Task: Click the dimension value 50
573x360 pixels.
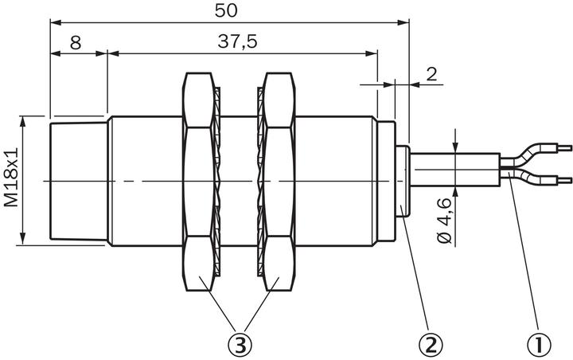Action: [226, 10]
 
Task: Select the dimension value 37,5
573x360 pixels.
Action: [237, 41]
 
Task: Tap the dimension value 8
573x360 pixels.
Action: [76, 43]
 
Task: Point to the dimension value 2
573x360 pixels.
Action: [431, 74]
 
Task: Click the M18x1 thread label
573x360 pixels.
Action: [11, 178]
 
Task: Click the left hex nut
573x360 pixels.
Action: [197, 182]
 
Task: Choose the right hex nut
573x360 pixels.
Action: [279, 182]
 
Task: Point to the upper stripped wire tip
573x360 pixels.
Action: [564, 148]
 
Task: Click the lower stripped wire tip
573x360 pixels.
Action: [564, 180]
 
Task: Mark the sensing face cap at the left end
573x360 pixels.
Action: [79, 182]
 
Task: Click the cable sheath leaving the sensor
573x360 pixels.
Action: [455, 170]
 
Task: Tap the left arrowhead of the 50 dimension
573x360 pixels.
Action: [56, 22]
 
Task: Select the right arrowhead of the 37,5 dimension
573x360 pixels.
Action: [372, 54]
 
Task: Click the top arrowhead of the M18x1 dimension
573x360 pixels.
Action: [23, 122]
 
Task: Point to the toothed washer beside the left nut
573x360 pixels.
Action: [217, 182]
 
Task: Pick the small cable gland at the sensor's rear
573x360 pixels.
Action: [403, 182]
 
